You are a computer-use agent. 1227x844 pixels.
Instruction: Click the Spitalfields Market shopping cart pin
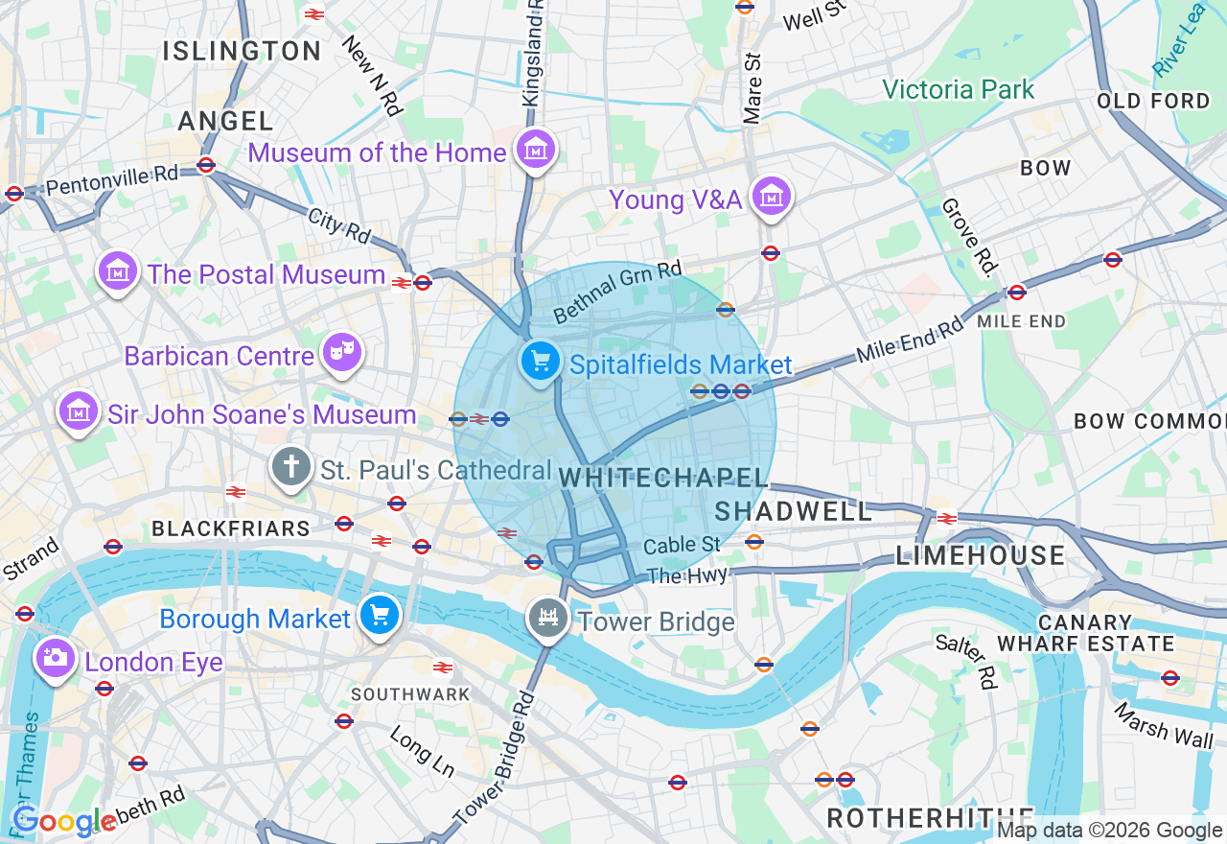pyautogui.click(x=541, y=363)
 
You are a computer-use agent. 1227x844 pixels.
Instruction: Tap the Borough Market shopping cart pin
pyautogui.click(x=380, y=616)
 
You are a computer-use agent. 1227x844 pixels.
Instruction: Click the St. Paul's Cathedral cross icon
pyautogui.click(x=290, y=468)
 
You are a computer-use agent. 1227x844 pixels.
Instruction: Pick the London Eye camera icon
pyautogui.click(x=56, y=657)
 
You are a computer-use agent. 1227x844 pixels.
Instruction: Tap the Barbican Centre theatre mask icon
pyautogui.click(x=341, y=353)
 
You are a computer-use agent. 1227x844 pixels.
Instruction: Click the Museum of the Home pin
pyautogui.click(x=535, y=150)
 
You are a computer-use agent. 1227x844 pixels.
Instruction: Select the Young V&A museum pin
pyautogui.click(x=771, y=197)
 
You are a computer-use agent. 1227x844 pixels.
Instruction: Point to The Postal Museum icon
pyautogui.click(x=118, y=271)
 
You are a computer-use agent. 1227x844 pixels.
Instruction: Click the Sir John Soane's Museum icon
pyautogui.click(x=79, y=411)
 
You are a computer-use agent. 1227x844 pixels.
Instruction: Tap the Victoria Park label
pyautogui.click(x=958, y=90)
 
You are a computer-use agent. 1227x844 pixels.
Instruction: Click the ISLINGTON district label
pyautogui.click(x=242, y=51)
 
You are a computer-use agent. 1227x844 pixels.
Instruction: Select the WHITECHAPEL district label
pyautogui.click(x=664, y=478)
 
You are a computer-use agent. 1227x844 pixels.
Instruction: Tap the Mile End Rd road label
pyautogui.click(x=910, y=340)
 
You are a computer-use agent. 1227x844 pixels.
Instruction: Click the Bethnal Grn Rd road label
pyautogui.click(x=617, y=293)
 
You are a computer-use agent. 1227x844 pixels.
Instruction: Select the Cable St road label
pyautogui.click(x=682, y=545)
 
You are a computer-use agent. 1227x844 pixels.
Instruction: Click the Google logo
pyautogui.click(x=63, y=821)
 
